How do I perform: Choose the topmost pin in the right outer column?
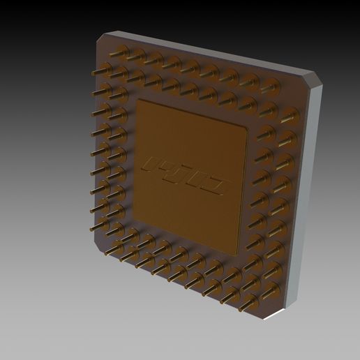click(x=285, y=113)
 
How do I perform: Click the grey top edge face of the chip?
click(x=209, y=52)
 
